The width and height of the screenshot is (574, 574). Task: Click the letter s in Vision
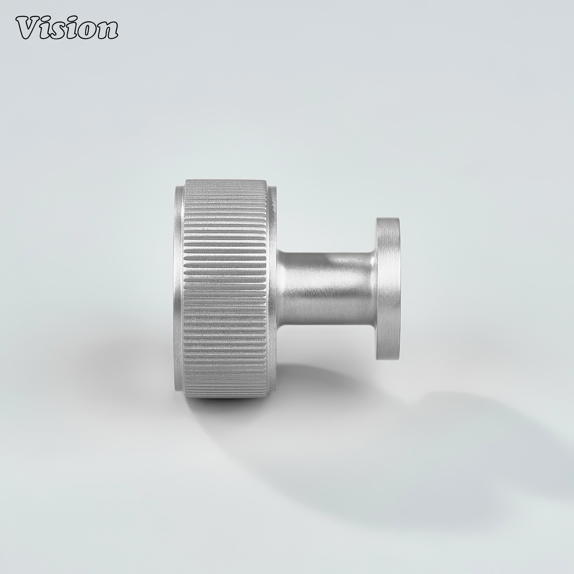tap(64, 32)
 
